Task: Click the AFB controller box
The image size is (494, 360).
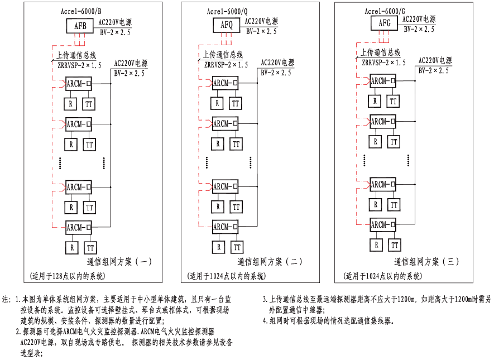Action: (x=81, y=26)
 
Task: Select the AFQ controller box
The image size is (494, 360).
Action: (x=227, y=25)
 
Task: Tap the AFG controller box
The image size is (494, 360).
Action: (x=385, y=23)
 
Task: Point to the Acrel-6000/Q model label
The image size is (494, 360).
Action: (x=231, y=11)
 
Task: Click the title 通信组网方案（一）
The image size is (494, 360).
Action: (x=119, y=261)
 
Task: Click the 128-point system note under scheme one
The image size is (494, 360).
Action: (x=67, y=276)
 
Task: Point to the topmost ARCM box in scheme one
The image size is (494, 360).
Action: (x=78, y=84)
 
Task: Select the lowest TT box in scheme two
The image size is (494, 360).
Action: (x=237, y=247)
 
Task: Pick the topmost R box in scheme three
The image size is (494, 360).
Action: (x=376, y=101)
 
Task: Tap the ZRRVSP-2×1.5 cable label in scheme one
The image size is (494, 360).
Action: (x=79, y=66)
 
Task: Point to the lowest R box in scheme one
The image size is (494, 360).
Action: (x=71, y=247)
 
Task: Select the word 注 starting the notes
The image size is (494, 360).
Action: (x=6, y=299)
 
